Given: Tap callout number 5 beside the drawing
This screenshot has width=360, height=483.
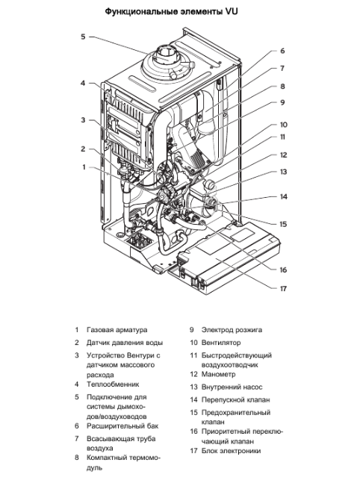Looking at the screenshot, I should pyautogui.click(x=83, y=36).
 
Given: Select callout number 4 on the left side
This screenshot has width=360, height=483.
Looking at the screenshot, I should pyautogui.click(x=83, y=83).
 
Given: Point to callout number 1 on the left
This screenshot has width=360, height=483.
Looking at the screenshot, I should pyautogui.click(x=84, y=167).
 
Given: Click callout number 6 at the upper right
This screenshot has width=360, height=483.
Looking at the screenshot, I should pyautogui.click(x=282, y=52).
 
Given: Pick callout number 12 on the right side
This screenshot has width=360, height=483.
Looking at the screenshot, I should pyautogui.click(x=283, y=155).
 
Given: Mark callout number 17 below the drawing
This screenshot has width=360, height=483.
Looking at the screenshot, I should pyautogui.click(x=283, y=288).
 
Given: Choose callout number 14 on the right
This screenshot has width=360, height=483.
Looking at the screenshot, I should pyautogui.click(x=283, y=197).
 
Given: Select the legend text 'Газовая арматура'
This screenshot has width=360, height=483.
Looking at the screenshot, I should pyautogui.click(x=117, y=329).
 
